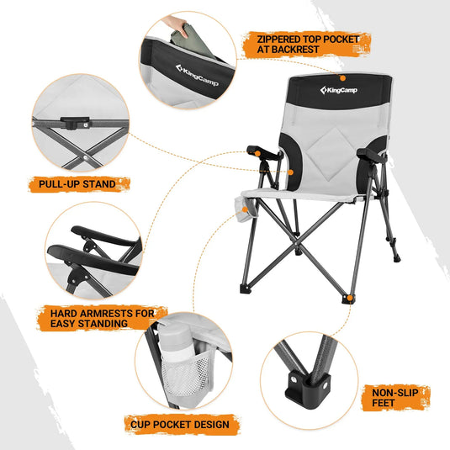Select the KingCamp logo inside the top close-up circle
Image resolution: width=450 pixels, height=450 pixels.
[x=196, y=69]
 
